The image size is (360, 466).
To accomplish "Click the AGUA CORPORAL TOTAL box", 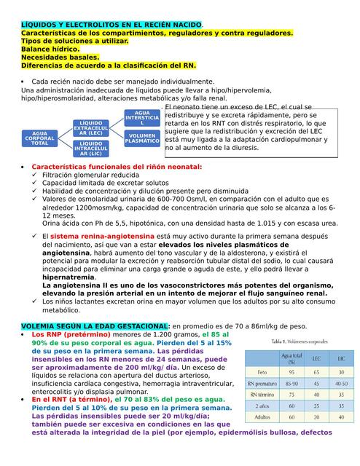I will [40, 138].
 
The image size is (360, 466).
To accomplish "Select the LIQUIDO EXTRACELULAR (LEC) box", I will [91, 128].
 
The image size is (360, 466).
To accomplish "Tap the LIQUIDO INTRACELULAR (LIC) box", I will [91, 149].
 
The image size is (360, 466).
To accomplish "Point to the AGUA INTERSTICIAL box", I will [142, 118].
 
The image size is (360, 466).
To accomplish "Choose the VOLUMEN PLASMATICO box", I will [142, 138].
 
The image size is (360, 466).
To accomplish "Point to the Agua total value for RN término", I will [292, 394].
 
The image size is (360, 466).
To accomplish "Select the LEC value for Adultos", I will [318, 419].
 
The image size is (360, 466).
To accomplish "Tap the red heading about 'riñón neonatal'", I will [117, 167].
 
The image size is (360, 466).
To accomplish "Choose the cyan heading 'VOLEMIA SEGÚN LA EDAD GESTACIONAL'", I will [95, 325].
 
